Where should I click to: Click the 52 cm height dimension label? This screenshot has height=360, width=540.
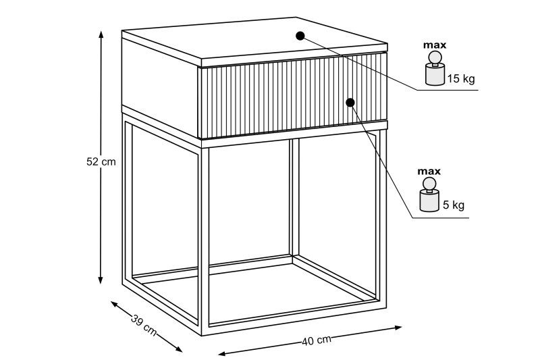coord(101,161)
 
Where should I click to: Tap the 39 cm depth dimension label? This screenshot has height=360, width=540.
coord(144,325)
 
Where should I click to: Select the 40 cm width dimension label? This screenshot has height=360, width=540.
coord(317,340)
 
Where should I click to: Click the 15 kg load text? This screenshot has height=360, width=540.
coord(461,79)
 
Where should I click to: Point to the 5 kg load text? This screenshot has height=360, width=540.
coord(453,205)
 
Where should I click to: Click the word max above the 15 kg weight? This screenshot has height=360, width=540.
coord(435,45)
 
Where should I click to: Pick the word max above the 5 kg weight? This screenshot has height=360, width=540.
coord(429,171)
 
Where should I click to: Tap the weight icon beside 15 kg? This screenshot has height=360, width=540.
coord(435,68)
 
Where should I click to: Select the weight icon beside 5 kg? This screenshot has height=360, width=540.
coord(429,195)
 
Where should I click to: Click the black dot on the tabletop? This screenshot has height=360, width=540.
coord(300,36)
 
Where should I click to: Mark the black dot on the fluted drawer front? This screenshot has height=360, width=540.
coord(350,103)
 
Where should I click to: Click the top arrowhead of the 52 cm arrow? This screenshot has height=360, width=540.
coord(101,34)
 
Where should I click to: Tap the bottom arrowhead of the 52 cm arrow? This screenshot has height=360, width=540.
coord(101,280)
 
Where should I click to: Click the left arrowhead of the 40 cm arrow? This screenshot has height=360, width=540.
coord(222,353)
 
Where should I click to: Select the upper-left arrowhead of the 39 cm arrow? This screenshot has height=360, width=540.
coord(114,304)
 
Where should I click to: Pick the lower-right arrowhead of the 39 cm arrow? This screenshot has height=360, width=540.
coord(178,349)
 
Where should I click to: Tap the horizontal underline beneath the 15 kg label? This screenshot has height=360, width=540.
coord(448,91)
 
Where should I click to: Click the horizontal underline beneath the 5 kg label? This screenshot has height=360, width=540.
coord(441,217)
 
